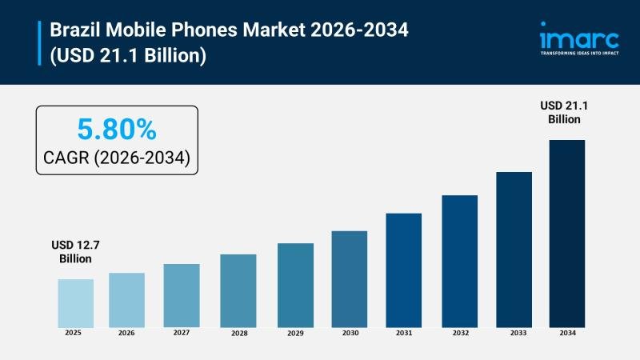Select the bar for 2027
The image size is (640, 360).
coord(182,295)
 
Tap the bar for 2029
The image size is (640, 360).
coord(295,285)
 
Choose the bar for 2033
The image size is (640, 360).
coord(514,249)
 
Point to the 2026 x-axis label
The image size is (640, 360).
coord(126,332)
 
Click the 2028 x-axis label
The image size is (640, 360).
coord(238,332)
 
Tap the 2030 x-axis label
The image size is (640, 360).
coord(350,332)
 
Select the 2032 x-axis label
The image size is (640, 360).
coord(459,332)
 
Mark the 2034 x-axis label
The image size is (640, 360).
coord(566,332)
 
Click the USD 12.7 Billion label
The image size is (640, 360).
coord(75,252)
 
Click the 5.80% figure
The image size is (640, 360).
coord(116,129)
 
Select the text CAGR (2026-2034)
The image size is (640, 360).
coord(116,158)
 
